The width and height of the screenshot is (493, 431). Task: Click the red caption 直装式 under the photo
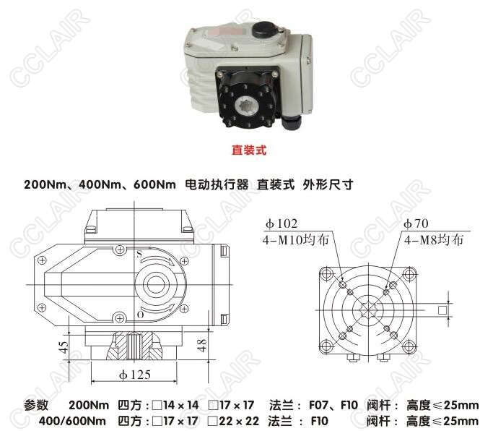(x=249, y=150)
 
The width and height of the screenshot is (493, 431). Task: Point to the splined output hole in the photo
(x=247, y=106)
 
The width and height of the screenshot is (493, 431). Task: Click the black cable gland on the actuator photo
(x=292, y=122)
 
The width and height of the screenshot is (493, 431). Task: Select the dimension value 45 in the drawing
(x=64, y=347)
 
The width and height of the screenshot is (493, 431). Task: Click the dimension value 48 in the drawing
(x=201, y=345)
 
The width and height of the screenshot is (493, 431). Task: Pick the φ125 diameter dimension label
(x=134, y=375)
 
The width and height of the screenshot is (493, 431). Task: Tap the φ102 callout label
(x=281, y=223)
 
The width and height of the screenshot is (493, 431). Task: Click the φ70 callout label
(x=416, y=223)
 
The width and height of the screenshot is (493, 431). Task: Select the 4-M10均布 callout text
(x=295, y=240)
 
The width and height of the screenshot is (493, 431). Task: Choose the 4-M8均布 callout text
(x=434, y=240)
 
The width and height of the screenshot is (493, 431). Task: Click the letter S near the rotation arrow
(x=139, y=254)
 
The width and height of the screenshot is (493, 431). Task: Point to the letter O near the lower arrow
(x=141, y=315)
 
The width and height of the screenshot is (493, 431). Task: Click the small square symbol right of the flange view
(x=442, y=310)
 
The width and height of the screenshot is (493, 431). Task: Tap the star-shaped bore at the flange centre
(x=368, y=310)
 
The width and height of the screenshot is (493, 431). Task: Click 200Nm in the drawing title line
(x=45, y=184)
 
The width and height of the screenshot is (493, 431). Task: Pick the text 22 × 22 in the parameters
(x=239, y=421)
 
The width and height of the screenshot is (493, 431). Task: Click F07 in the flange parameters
(x=318, y=405)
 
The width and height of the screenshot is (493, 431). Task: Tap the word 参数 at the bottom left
(x=36, y=405)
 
